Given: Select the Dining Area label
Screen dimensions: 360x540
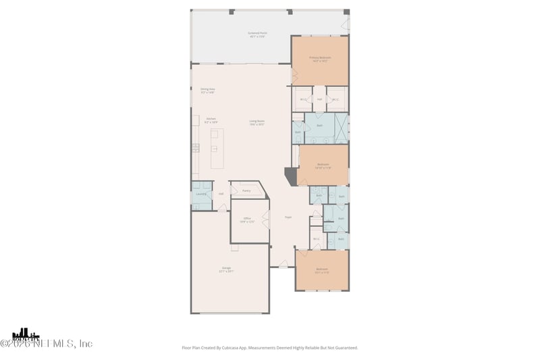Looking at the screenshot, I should tap(207, 91).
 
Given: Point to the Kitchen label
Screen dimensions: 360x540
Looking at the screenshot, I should tap(211, 120).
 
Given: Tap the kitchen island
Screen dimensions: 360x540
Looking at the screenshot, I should tap(217, 149).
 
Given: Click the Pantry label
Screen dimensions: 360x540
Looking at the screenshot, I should tap(246, 191).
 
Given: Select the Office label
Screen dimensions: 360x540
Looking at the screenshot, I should tap(248, 220).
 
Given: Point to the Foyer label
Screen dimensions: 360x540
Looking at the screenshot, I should tap(288, 217).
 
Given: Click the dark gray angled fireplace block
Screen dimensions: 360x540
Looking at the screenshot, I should tap(290, 176).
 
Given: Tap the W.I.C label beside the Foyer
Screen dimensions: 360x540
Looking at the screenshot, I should tap(316, 238).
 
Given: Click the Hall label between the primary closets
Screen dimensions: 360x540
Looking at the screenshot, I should tap(319, 99).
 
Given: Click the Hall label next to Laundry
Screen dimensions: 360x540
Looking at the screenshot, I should tap(221, 195).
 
